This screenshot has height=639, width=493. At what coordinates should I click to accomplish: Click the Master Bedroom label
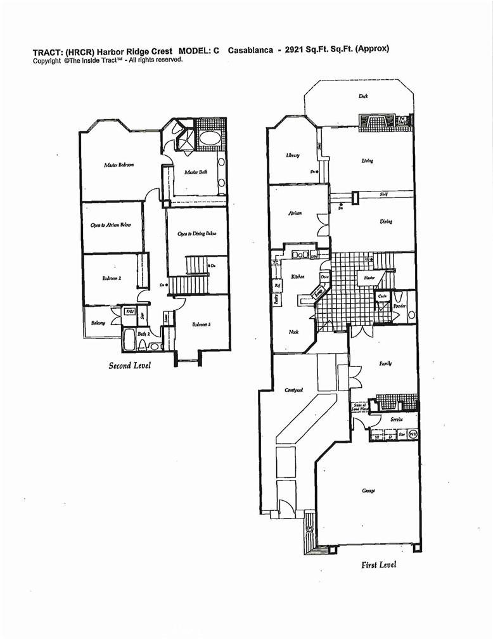[118, 165]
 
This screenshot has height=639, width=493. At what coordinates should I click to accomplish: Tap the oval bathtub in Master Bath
[209, 139]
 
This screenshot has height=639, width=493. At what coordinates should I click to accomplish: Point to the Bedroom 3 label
[201, 325]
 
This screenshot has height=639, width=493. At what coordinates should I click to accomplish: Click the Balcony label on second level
[98, 323]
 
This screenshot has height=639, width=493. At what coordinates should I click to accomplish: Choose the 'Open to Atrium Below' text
[111, 226]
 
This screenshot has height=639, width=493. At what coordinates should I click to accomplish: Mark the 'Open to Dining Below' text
[197, 233]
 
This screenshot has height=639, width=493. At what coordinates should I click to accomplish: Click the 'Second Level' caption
[129, 366]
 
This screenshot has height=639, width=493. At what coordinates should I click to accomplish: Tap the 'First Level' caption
[378, 564]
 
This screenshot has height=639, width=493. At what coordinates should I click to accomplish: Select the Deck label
[363, 96]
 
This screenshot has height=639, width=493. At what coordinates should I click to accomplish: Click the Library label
[292, 155]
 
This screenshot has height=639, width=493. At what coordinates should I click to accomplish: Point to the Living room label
[368, 160]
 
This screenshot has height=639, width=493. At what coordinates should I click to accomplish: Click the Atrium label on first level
[295, 214]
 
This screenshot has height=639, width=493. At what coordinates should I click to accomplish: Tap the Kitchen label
[298, 277]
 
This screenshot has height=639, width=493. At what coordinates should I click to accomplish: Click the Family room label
[385, 363]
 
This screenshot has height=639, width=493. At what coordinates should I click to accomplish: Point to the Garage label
[369, 491]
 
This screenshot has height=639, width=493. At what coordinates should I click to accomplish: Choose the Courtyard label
[292, 390]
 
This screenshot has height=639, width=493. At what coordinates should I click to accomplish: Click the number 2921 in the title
[297, 49]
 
